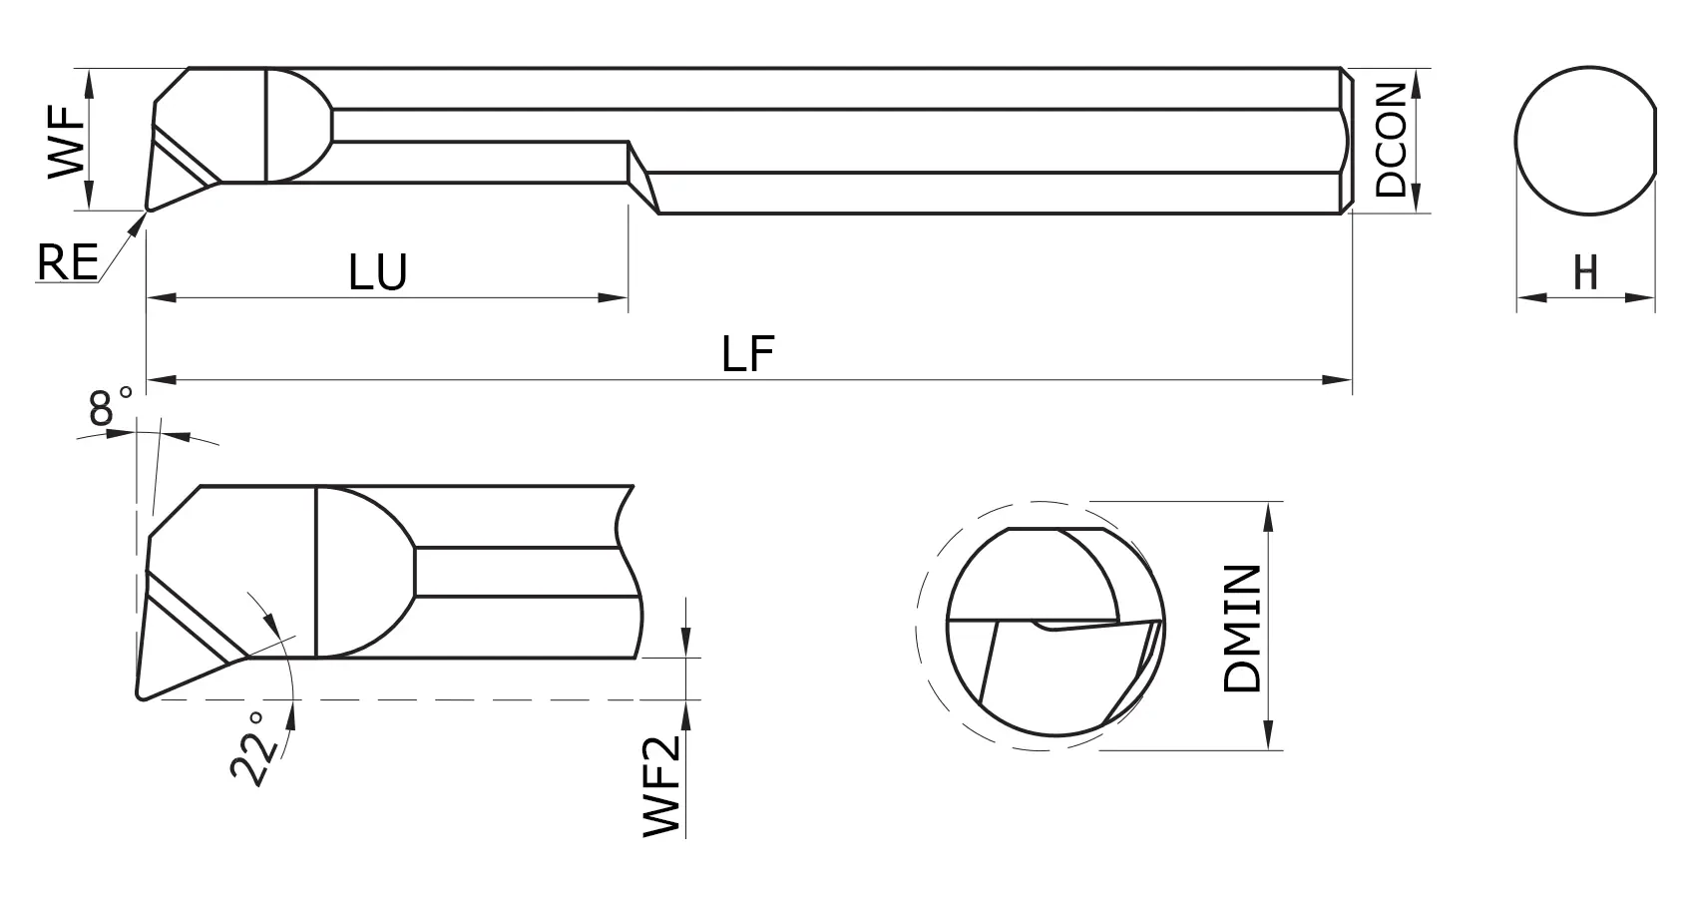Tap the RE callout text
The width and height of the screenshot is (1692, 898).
(67, 263)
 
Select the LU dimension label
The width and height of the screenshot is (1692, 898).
(378, 272)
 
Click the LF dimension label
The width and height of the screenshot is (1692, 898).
(748, 354)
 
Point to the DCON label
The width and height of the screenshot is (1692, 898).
(1391, 139)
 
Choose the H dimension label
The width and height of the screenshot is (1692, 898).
(1585, 273)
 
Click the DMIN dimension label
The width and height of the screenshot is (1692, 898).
(1243, 629)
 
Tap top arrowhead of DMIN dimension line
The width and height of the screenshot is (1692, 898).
(1268, 514)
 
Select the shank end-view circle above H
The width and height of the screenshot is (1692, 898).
(1586, 140)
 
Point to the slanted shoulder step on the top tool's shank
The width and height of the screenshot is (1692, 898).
(643, 178)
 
